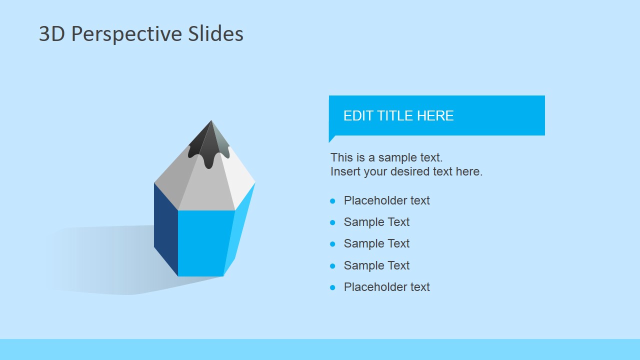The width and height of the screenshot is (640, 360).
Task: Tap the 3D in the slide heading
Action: coord(52,34)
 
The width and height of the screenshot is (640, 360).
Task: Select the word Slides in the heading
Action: coord(216,34)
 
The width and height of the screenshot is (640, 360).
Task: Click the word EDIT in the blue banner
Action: coord(358,116)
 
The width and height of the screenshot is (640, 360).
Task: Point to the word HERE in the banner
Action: coord(435,116)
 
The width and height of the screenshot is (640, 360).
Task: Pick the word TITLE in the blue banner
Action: coord(395,116)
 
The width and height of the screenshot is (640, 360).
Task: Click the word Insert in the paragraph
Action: coord(344,171)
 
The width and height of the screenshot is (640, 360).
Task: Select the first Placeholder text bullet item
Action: coord(386,200)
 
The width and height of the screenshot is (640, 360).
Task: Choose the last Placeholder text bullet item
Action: coord(386,287)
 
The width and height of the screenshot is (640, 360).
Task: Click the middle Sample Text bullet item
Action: coord(376,243)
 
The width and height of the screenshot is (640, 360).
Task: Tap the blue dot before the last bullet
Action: coord(332,287)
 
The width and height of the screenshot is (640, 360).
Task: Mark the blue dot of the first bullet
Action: coord(332,201)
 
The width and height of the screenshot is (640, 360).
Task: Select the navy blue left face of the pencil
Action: coord(165,227)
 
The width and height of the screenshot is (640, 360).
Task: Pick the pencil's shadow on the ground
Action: coord(100,260)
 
